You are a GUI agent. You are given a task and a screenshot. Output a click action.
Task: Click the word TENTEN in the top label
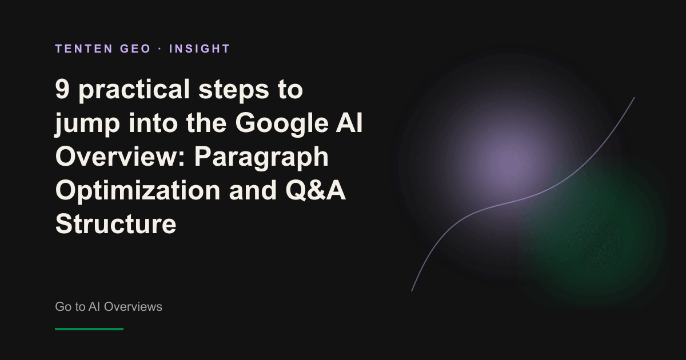click(84, 49)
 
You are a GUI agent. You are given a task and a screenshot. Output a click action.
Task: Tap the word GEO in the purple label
click(135, 49)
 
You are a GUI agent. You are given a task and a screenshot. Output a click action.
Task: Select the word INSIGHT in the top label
click(200, 49)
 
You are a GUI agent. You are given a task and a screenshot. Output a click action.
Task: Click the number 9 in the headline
click(62, 89)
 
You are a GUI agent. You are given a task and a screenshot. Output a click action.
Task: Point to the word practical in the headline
click(134, 91)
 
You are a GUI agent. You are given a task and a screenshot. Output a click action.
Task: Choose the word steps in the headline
click(234, 91)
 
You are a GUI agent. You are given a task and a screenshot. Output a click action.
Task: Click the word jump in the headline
click(87, 125)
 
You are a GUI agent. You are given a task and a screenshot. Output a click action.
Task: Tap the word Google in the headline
click(282, 124)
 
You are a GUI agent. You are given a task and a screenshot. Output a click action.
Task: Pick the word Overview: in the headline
click(121, 157)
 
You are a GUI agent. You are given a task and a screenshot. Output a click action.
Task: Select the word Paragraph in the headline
click(261, 158)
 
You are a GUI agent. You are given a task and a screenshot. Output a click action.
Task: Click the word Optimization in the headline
click(138, 191)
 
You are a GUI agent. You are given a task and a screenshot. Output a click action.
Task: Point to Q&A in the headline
click(316, 190)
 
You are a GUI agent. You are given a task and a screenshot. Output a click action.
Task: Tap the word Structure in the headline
click(115, 224)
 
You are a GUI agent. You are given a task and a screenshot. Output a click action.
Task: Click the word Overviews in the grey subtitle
click(133, 307)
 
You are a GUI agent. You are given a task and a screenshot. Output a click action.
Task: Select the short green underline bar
click(89, 329)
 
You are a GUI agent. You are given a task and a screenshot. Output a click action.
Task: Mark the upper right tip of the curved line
click(635, 97)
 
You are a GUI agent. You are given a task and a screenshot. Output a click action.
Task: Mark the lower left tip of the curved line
click(412, 291)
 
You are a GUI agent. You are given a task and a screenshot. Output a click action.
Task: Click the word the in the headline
click(206, 122)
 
